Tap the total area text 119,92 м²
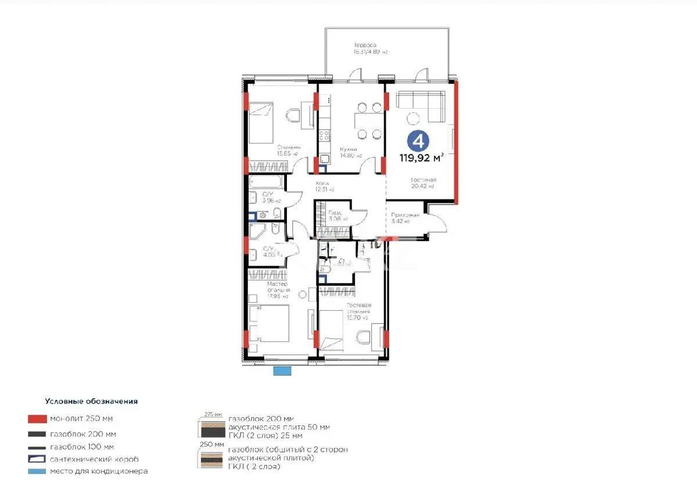tap(422, 157)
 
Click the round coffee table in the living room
tap(414, 118)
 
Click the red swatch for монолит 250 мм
tap(36, 418)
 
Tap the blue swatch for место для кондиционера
tap(36, 471)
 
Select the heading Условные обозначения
tap(91, 401)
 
